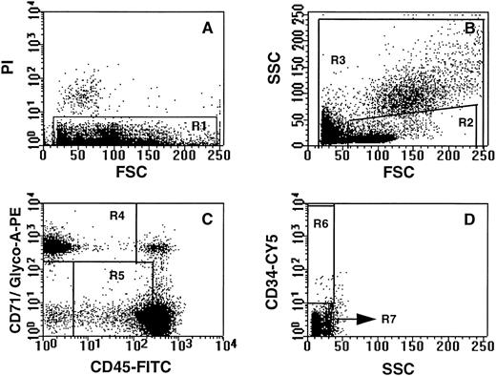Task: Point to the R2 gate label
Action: coord(466,124)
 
